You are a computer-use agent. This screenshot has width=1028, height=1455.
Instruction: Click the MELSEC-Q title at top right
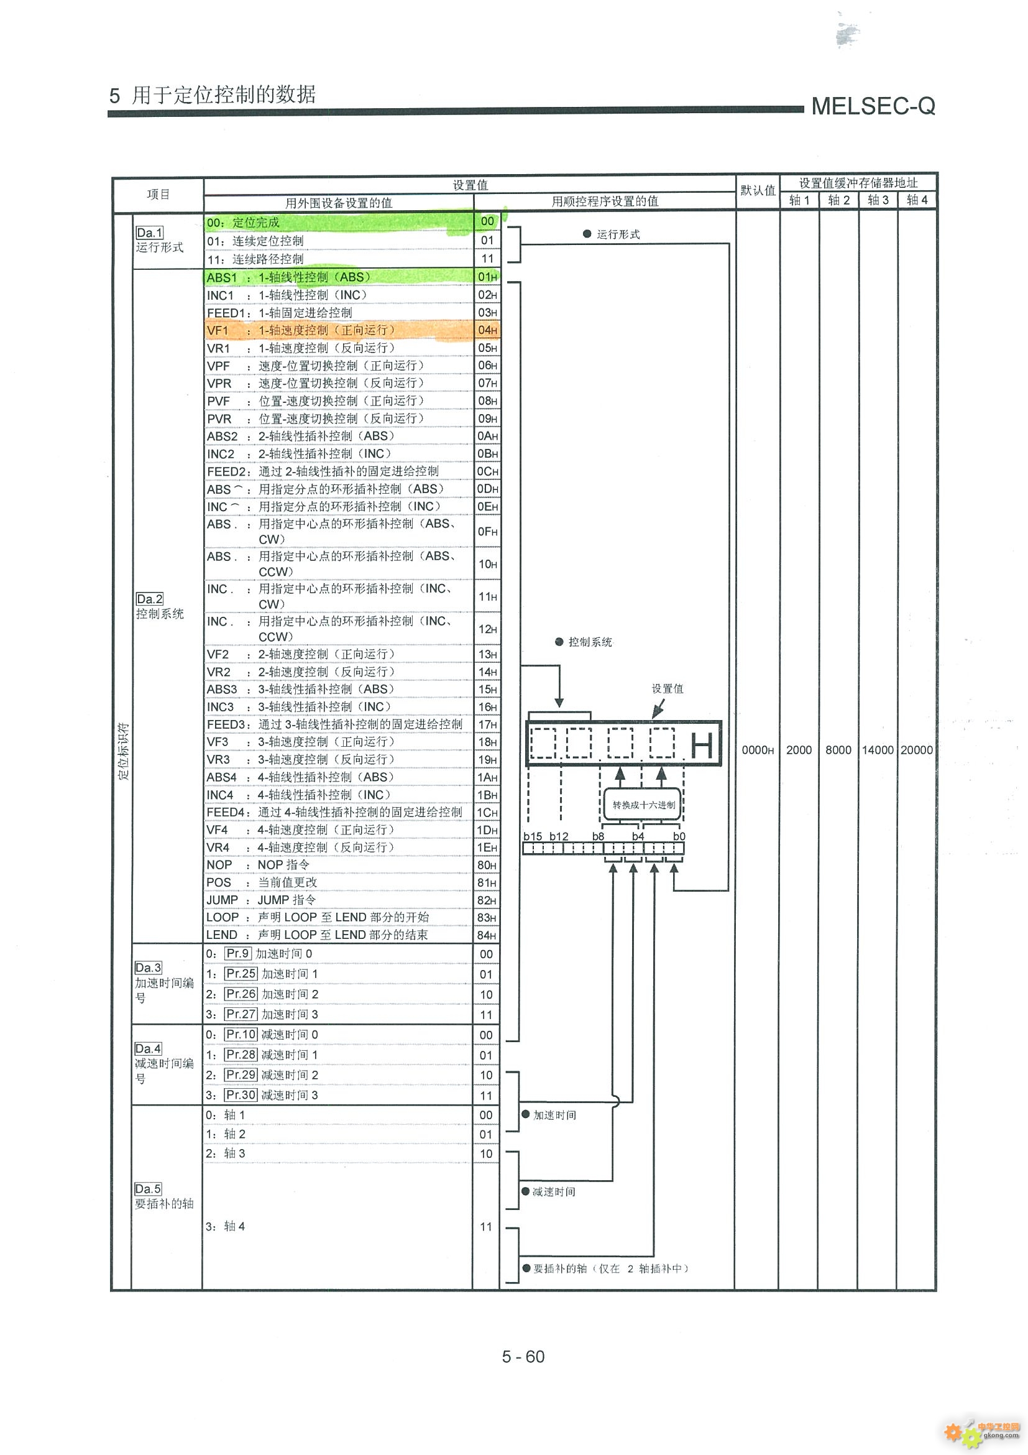[873, 106]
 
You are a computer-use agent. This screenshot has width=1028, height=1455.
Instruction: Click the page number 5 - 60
[523, 1356]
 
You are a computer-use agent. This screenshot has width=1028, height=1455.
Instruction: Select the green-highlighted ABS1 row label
[222, 277]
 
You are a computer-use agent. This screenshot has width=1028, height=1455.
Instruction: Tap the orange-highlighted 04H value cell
[487, 330]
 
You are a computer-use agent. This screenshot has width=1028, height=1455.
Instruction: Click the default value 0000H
[758, 751]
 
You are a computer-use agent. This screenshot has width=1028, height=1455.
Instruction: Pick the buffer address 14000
[878, 751]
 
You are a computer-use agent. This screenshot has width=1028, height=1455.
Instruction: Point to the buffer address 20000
[917, 751]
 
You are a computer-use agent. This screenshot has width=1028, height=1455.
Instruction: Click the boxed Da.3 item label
[148, 968]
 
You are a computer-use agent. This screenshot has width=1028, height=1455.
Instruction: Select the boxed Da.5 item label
[148, 1189]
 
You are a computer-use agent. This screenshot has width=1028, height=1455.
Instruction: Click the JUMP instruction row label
[223, 900]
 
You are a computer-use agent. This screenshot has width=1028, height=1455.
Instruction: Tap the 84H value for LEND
[487, 935]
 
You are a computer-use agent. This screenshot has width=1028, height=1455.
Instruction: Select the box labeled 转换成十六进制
[643, 805]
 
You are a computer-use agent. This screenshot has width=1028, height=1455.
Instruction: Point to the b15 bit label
[533, 836]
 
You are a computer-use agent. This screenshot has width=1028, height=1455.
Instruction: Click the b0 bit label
[679, 836]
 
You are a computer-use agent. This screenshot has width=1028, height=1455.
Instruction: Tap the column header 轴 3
[878, 200]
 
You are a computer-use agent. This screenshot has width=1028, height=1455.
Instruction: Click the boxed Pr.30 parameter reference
[241, 1095]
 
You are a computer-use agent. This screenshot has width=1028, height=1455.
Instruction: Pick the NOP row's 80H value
[487, 866]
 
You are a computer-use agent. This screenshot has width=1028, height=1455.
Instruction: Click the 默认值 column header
[758, 190]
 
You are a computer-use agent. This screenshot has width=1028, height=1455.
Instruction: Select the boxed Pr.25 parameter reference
[241, 973]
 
